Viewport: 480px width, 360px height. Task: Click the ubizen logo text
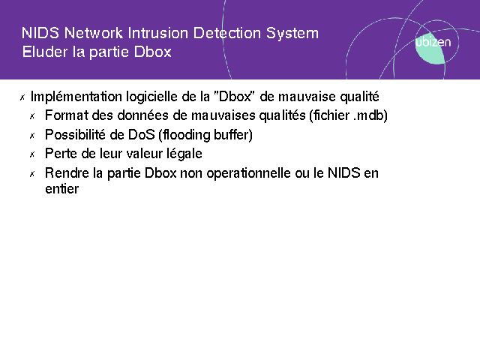click(433, 42)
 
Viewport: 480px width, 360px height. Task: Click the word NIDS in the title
click(40, 33)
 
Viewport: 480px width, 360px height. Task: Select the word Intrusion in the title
click(158, 33)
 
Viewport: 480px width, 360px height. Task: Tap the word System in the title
click(292, 34)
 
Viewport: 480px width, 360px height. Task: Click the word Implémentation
click(76, 97)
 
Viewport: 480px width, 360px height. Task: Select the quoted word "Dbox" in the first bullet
click(234, 97)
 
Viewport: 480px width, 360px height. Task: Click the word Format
click(67, 115)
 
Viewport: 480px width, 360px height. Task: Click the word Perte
click(61, 154)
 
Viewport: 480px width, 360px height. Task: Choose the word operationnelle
click(249, 173)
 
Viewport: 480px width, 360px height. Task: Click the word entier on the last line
click(61, 189)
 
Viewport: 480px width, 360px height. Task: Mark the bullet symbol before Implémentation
click(22, 98)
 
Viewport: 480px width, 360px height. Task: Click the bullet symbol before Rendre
click(32, 175)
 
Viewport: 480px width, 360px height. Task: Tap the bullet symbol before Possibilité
click(32, 136)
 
